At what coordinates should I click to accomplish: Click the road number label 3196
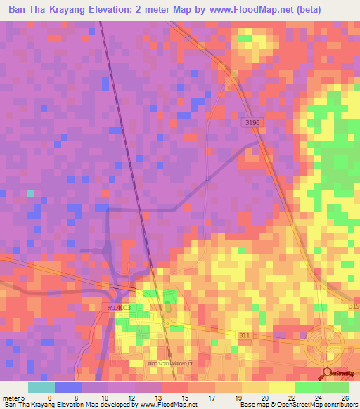click(x=253, y=123)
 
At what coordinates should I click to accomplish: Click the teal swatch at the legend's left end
click(x=41, y=387)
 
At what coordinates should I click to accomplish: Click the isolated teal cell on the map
click(x=30, y=193)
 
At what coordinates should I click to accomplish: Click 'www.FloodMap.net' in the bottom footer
click(x=157, y=405)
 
